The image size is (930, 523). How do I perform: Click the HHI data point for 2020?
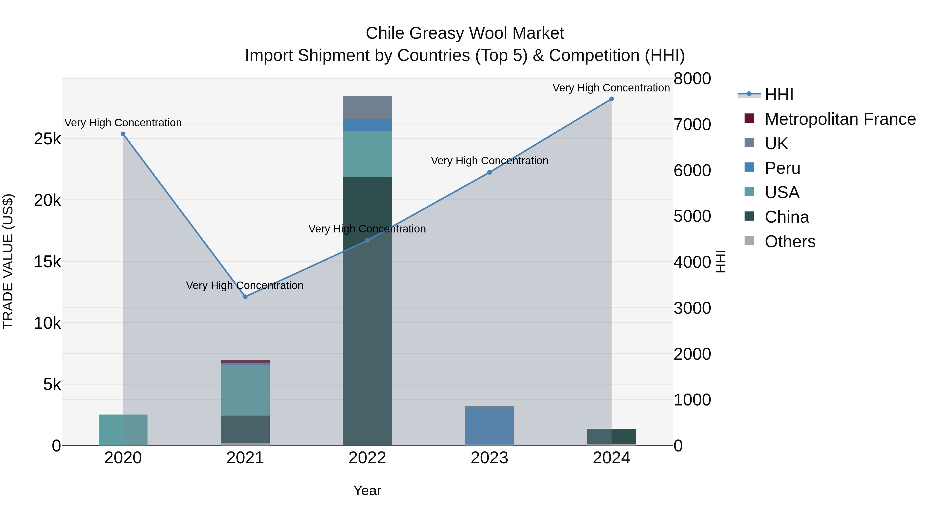pos(123,134)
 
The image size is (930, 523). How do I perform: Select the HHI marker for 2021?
pos(245,297)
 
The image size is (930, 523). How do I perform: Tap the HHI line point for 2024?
pos(611,99)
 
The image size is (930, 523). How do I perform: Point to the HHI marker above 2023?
pos(490,173)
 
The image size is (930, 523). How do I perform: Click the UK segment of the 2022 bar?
pos(367,107)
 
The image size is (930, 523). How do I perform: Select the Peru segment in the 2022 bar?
pos(367,125)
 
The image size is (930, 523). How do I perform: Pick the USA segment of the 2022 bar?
pos(367,154)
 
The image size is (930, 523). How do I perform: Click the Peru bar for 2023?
pos(489,426)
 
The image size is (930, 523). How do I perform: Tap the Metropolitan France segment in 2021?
pos(245,362)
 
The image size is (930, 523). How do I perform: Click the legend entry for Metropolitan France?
pos(840,119)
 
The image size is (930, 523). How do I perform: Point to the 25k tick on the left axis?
pos(47,139)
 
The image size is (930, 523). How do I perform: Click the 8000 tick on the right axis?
pos(692,79)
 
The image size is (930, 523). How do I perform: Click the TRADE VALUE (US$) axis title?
pos(8,261)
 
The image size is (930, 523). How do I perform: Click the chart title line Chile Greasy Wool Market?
pos(465,33)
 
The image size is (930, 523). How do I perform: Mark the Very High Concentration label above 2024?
pos(611,88)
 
